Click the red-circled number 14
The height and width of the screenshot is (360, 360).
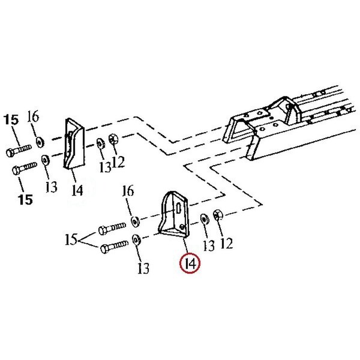(191, 263)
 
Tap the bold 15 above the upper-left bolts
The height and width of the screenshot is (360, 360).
(12, 120)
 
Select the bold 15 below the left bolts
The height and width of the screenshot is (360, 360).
(26, 199)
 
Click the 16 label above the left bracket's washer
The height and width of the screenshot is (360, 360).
(34, 116)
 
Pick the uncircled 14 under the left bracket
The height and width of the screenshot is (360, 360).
(76, 191)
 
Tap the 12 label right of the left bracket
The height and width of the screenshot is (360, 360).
(118, 161)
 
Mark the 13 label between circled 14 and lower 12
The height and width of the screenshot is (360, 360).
(208, 245)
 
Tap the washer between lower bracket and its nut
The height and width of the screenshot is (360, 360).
(204, 217)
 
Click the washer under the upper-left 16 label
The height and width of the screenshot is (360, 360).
(40, 142)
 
